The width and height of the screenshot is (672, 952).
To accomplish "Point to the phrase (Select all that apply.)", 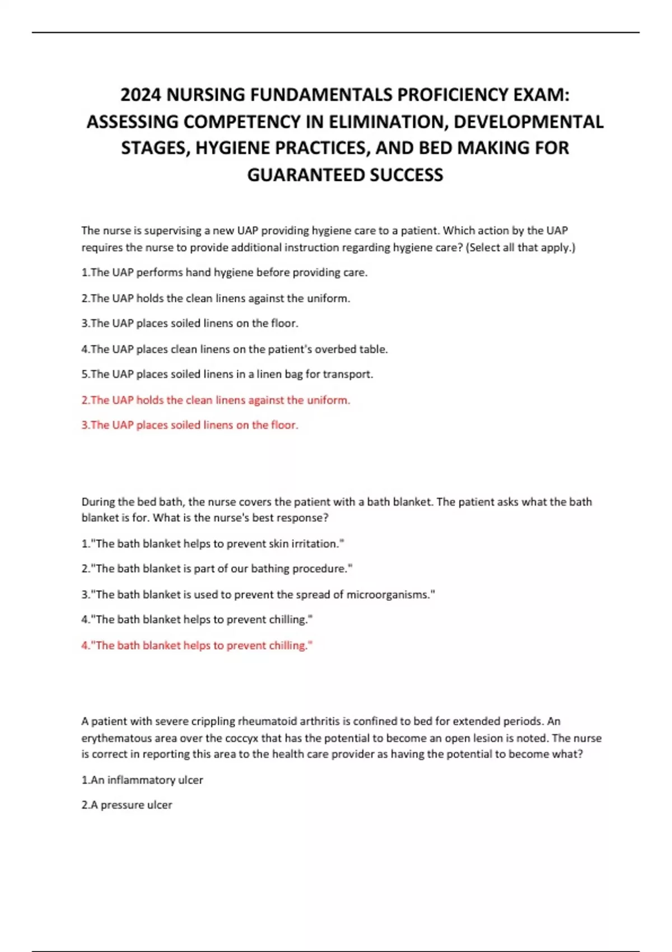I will (x=520, y=247).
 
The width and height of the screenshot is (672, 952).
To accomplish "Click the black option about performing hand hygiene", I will (x=224, y=273).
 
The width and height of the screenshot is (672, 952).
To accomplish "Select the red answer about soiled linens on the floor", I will (x=190, y=425).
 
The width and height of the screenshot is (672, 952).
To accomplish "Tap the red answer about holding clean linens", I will (x=216, y=400).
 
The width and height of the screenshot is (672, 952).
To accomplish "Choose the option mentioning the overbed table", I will (x=234, y=349).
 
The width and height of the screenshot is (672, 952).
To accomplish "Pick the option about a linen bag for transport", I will (x=227, y=374).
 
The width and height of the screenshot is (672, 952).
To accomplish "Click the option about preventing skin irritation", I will (x=213, y=543).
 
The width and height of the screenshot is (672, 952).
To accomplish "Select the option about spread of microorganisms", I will (x=258, y=595).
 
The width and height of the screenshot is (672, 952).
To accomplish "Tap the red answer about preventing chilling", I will (x=197, y=645).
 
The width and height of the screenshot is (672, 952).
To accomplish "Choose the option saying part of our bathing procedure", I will (x=217, y=568).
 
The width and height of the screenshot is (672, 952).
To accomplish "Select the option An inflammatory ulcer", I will (x=142, y=780).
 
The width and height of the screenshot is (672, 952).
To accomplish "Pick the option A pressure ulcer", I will (x=127, y=805).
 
